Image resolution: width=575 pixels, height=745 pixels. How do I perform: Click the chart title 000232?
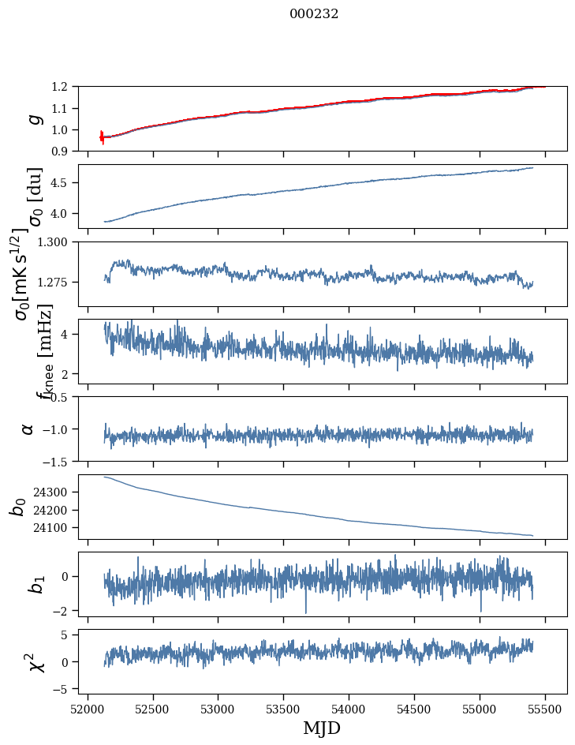coord(314,14)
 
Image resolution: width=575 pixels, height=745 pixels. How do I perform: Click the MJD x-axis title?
coord(322,728)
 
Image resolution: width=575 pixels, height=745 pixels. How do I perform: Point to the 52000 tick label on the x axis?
coord(88,708)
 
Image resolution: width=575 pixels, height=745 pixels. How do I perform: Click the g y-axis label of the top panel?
coord(34,118)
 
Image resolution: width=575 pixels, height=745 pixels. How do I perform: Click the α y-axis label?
coord(28,429)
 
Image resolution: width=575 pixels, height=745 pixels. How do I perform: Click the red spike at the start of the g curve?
coord(102,137)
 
